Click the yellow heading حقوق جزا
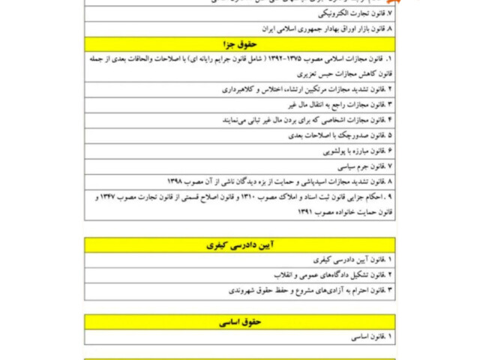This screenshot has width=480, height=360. coord(240,44)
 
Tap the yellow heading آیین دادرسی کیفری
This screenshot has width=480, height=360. coord(240,245)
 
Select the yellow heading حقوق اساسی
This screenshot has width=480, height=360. coord(240,322)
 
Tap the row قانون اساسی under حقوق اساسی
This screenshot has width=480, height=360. coord(367,337)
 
